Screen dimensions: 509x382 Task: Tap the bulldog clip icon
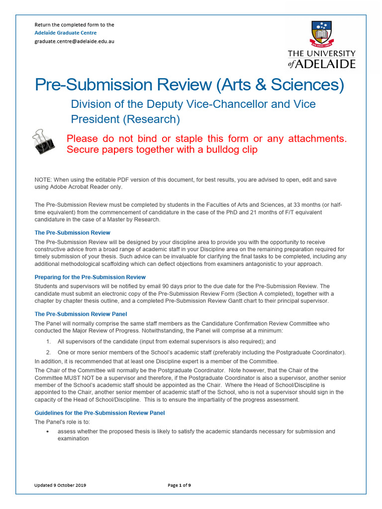pos(45,141)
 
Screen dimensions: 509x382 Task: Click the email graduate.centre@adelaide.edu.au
pos(74,41)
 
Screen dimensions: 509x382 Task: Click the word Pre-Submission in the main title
pos(94,85)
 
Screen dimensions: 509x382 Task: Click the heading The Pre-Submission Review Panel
pos(81,314)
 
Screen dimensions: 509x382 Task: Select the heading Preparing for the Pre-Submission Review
pos(90,277)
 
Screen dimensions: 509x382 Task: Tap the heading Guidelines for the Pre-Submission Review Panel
pos(99,413)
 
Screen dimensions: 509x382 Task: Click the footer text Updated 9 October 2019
pos(60,485)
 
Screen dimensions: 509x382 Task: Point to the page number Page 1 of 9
pos(179,485)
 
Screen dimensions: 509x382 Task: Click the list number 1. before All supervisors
pos(48,341)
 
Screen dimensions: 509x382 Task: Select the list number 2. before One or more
pos(48,352)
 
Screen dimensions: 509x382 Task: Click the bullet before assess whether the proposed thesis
pos(47,431)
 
